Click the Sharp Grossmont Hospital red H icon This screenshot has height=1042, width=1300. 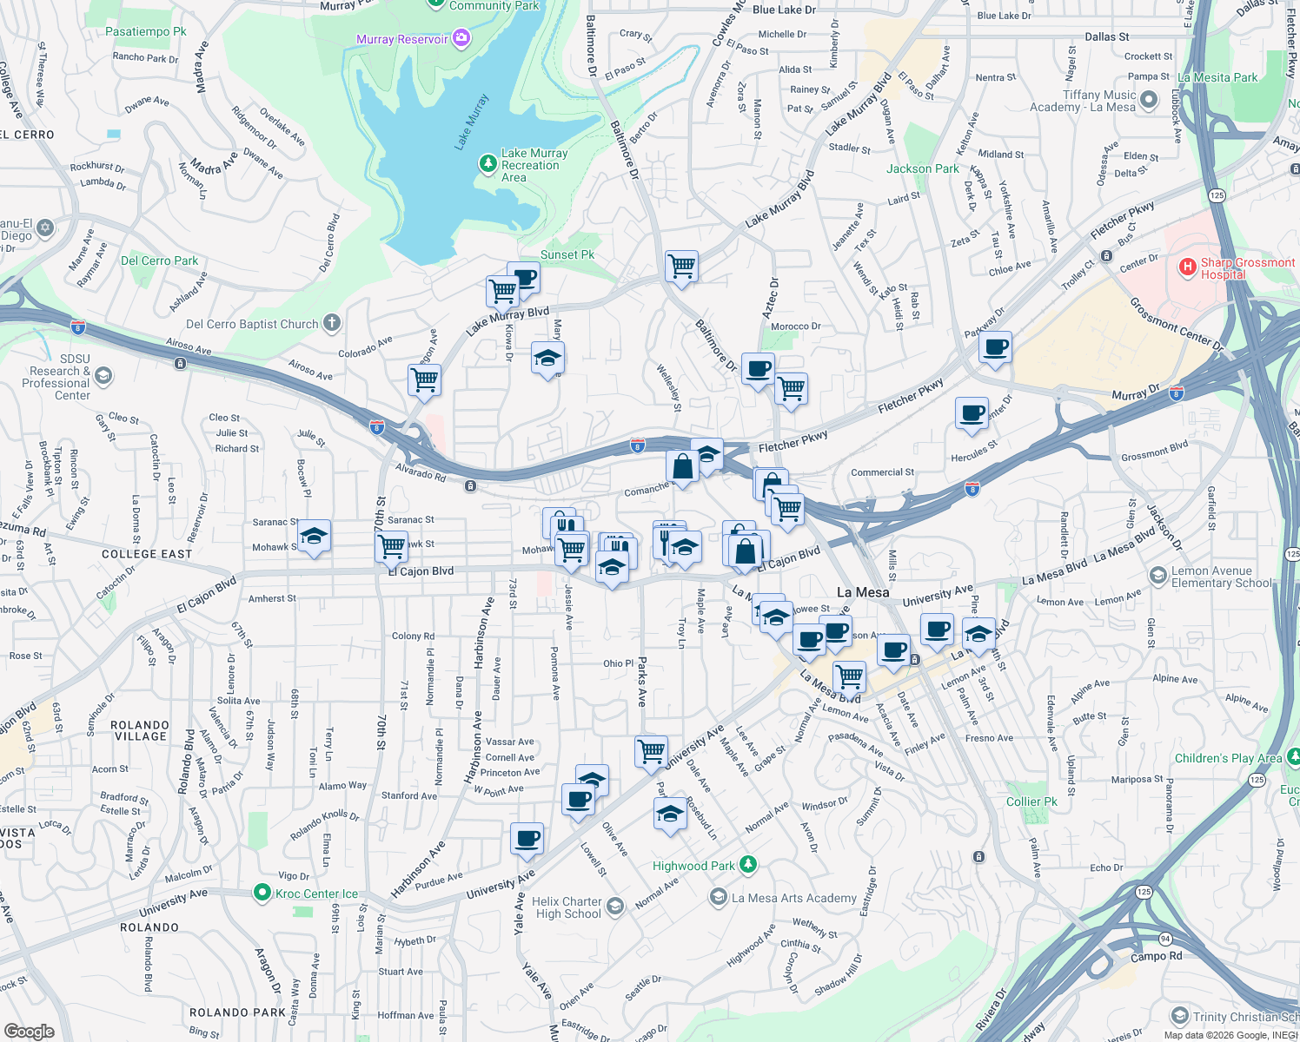point(1188,267)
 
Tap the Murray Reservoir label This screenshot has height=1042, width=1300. point(401,39)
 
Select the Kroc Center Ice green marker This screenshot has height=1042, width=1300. point(262,893)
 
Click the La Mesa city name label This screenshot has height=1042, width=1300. point(863,592)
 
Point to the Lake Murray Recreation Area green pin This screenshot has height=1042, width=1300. point(487,162)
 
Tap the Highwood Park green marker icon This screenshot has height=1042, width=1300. point(747,865)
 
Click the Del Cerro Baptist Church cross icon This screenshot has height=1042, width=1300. point(331,324)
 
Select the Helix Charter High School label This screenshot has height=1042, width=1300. point(567,907)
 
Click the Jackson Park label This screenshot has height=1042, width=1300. point(922,168)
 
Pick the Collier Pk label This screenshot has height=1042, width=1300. point(1031,801)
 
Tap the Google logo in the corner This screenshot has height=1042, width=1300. point(29,1032)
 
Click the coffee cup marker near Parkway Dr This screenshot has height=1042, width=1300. point(995,347)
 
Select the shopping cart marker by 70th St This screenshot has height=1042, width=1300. point(392,546)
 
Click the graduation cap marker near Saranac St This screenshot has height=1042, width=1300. point(314,534)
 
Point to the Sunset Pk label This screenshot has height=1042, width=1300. point(567,254)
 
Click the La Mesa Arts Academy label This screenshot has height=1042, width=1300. point(793,898)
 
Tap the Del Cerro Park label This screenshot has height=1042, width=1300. point(159,260)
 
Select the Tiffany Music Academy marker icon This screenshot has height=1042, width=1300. point(1148,100)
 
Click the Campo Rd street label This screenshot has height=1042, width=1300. point(1156,956)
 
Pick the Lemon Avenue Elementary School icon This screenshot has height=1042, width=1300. point(1157,575)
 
